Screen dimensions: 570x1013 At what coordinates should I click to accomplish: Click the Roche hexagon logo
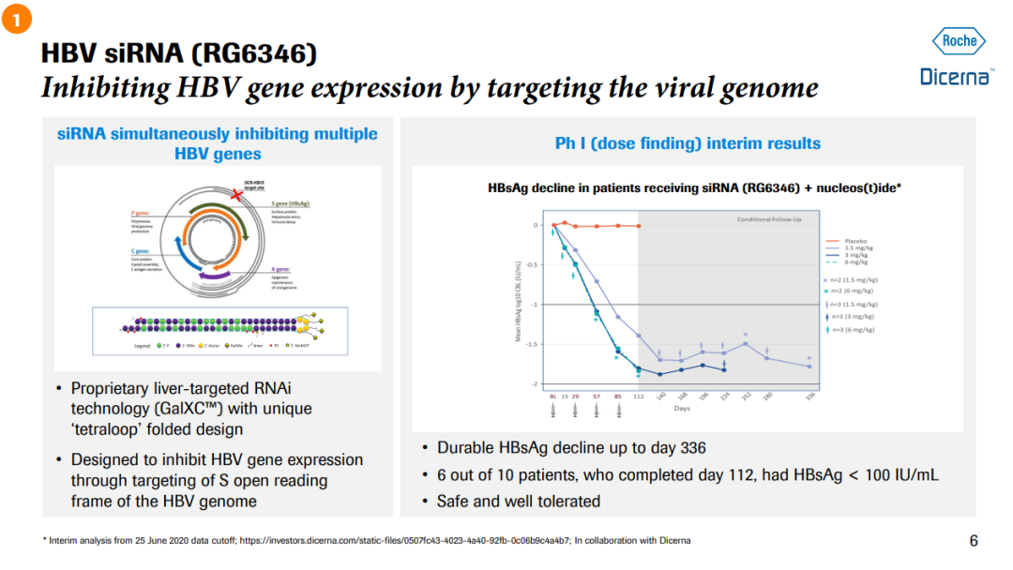959,41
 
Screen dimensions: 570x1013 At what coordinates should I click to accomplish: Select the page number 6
973,540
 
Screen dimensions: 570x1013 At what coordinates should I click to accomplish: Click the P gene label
141,213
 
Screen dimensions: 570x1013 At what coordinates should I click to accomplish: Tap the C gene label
141,251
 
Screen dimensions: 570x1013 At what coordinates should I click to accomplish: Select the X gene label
281,269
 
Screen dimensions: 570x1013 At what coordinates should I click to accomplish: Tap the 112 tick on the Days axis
639,397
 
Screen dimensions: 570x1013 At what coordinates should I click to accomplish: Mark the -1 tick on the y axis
536,305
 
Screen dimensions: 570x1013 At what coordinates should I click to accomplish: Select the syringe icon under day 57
597,411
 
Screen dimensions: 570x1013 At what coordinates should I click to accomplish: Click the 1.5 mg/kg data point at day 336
809,367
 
